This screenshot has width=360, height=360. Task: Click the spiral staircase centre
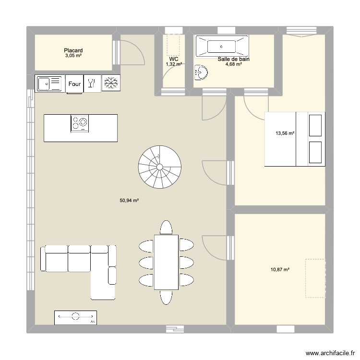pos(158,167)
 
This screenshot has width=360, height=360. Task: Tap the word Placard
pos(73,50)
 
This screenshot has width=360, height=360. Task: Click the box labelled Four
pos(74,84)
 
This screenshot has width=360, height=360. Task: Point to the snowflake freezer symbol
pos(110,84)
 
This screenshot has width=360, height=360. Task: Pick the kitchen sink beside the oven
pos(49,84)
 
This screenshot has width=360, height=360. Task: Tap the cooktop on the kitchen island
pos(80,123)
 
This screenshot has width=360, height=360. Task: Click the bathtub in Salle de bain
pos(221,47)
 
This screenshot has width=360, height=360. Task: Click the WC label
pos(173,59)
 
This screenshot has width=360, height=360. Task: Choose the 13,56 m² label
pos(284,134)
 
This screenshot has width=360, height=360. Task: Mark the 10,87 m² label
pos(280,270)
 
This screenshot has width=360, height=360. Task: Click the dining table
pos(166,262)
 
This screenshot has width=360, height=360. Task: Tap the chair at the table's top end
pos(166,227)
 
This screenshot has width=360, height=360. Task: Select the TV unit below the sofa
pos(75,317)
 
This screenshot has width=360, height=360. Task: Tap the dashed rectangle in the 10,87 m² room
pos(315,279)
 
